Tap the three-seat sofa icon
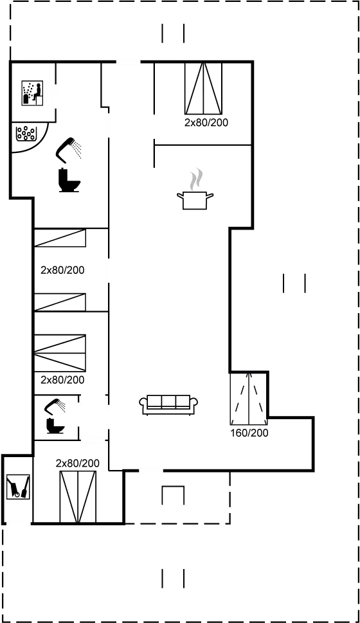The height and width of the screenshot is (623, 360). [168, 404]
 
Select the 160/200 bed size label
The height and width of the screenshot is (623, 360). [249, 433]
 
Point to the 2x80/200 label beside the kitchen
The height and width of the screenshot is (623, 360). [206, 122]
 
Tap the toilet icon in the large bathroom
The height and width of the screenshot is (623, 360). [69, 179]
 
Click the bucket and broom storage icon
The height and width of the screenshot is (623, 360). [17, 487]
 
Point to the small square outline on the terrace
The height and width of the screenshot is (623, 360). [172, 496]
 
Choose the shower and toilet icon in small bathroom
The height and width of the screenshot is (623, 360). [54, 416]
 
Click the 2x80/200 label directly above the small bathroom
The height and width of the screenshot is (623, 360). [62, 379]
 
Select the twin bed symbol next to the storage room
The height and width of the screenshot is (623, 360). [78, 497]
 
